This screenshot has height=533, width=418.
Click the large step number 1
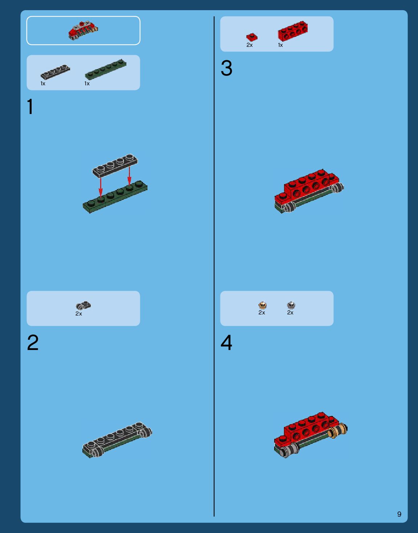coord(30,106)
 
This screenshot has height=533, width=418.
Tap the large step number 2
coord(33,342)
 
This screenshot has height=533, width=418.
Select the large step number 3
coord(226,68)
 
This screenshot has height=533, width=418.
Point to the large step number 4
coord(226,342)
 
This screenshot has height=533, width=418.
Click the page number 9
coord(399,514)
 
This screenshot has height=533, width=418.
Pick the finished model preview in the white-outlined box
coord(83,30)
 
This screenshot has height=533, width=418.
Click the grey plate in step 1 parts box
coord(55,72)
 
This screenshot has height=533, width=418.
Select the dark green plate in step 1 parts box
coord(106,69)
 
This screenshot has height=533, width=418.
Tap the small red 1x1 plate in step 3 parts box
coord(252,37)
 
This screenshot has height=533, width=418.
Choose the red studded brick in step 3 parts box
coord(293,30)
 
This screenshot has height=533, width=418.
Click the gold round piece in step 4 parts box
coord(263,305)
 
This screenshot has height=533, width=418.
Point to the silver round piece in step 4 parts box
coord(291,305)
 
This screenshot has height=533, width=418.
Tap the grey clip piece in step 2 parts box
coord(84,305)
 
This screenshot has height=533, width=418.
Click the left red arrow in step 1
coord(100,188)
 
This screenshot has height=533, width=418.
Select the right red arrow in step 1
coord(129,176)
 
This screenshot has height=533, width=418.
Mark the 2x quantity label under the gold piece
coord(262,313)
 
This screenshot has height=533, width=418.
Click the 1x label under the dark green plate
coord(87,84)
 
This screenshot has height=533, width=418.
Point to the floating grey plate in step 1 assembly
coord(115,166)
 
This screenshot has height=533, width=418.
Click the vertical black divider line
coord(214,266)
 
